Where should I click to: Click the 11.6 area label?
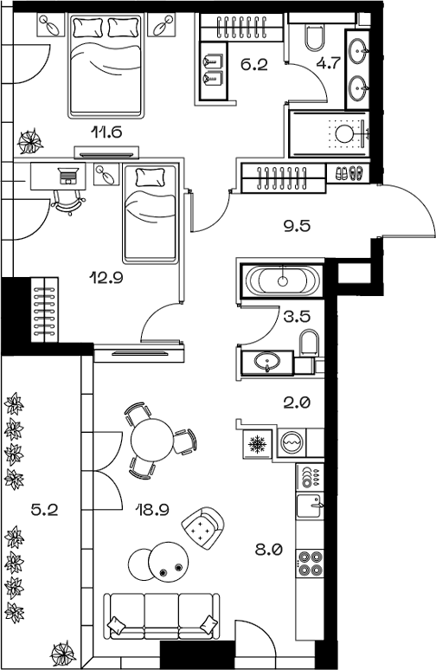click(106, 132)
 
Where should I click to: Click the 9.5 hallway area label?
click(297, 228)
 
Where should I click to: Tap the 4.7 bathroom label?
click(328, 62)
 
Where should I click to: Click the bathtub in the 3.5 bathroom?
click(282, 280)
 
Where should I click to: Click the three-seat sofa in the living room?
click(161, 615)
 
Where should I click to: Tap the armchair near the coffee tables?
click(204, 525)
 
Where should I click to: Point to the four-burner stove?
click(310, 563)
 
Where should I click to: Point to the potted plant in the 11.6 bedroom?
click(31, 139)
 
